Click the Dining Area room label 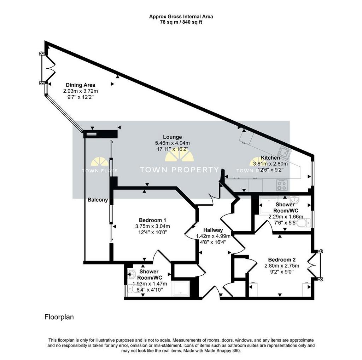click(80, 85)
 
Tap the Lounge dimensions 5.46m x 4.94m click(173, 143)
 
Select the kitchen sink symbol click(285, 153)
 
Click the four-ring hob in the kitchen click(282, 185)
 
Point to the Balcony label click(98, 200)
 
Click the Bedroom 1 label click(152, 220)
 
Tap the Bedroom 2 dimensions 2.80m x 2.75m click(282, 266)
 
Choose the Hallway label click(213, 230)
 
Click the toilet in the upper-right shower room click(304, 223)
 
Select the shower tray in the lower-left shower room click(181, 289)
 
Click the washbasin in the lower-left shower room click(132, 274)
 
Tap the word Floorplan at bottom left click(59, 317)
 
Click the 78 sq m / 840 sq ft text click(181, 22)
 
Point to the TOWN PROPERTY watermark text click(179, 170)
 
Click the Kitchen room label click(270, 158)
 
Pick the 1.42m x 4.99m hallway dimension click(213, 236)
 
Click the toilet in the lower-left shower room click(134, 289)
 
